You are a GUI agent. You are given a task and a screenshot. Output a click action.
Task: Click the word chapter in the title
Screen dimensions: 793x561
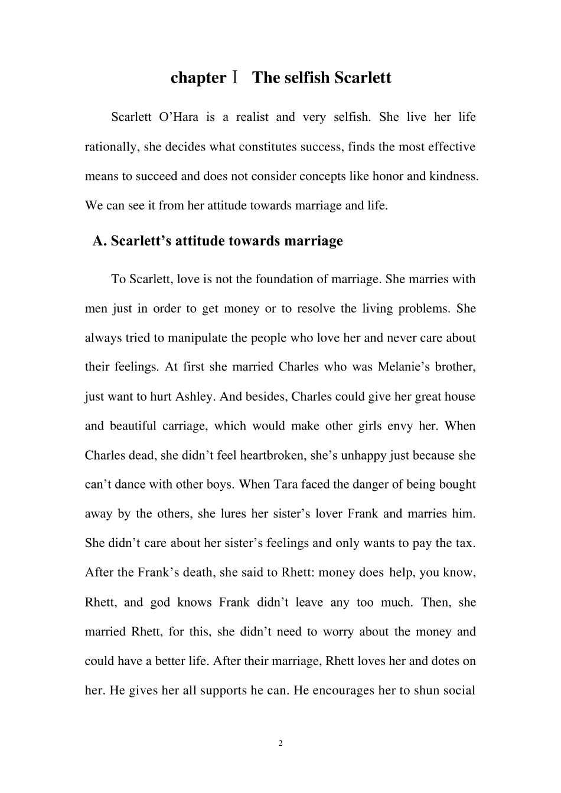click(198, 78)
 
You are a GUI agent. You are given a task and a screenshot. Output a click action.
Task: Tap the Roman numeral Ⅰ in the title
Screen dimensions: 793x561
click(235, 78)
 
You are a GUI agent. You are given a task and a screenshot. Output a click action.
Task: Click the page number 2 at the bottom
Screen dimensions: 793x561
click(280, 743)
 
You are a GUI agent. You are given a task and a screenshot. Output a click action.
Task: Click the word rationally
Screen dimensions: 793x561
click(111, 147)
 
